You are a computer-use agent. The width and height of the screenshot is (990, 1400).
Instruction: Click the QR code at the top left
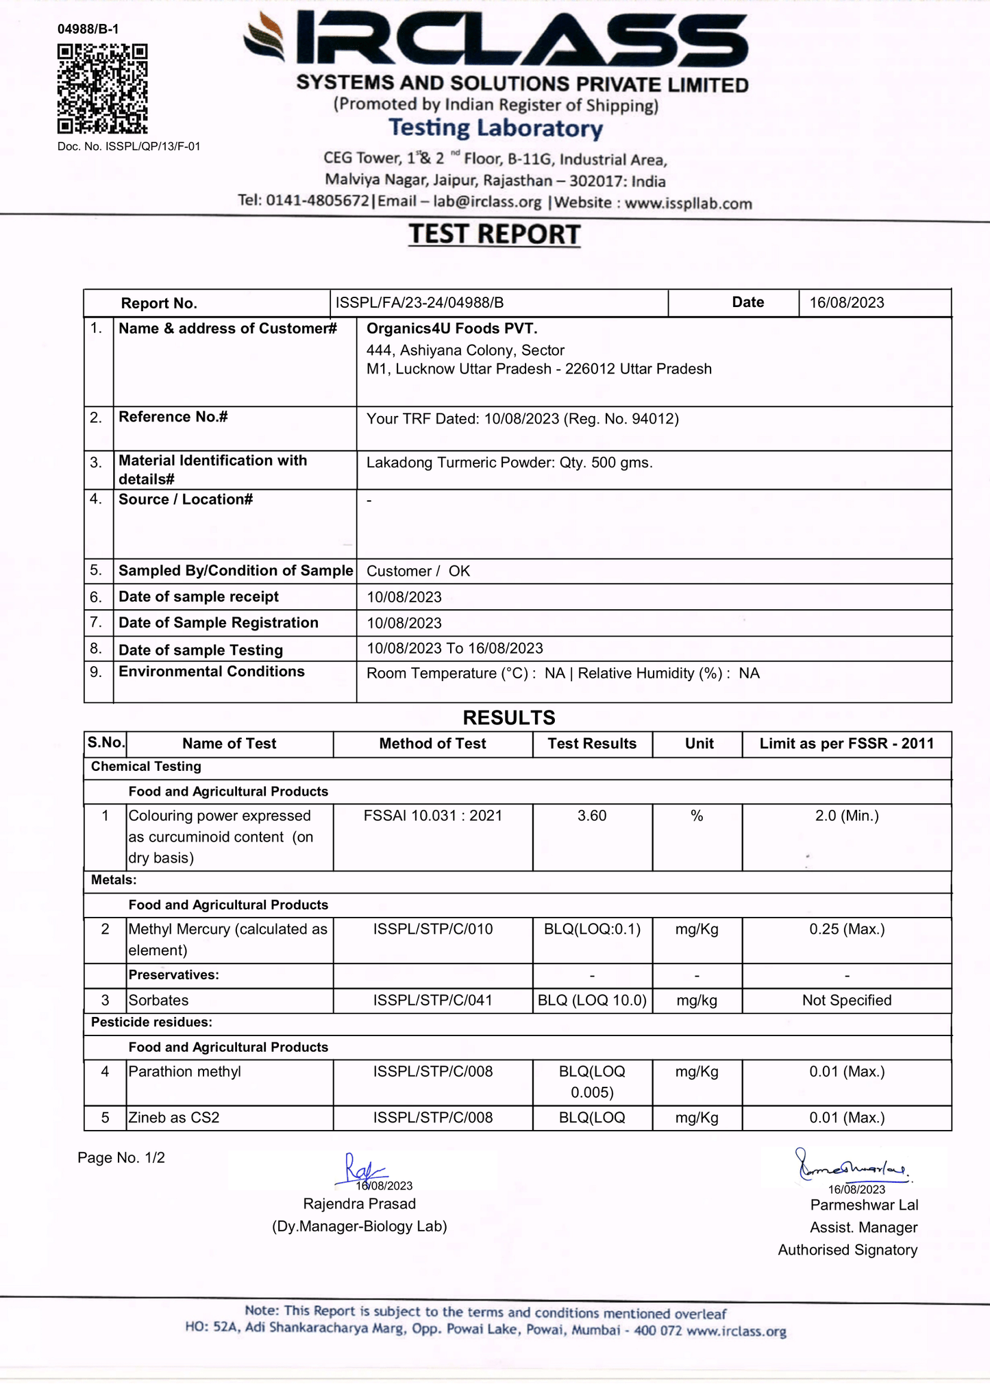click(x=102, y=89)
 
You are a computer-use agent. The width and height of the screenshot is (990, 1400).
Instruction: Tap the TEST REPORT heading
click(x=495, y=234)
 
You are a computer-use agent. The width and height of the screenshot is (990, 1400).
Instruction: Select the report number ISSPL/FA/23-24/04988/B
click(x=419, y=303)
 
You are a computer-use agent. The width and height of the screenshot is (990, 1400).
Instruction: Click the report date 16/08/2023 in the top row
click(x=846, y=303)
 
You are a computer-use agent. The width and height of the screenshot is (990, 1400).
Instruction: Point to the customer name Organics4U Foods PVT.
click(x=451, y=329)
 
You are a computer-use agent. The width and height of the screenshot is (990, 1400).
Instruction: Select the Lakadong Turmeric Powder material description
click(x=509, y=463)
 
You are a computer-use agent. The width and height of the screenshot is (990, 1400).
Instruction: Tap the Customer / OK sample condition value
click(x=418, y=572)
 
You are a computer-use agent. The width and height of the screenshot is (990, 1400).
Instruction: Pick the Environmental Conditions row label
click(x=211, y=672)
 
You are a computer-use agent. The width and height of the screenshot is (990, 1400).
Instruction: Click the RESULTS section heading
click(x=508, y=717)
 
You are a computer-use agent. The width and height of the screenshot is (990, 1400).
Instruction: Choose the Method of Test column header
click(x=432, y=744)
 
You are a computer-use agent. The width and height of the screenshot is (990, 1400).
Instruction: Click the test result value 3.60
click(x=592, y=816)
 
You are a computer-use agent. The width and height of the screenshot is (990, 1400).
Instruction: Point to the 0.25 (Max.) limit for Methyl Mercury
click(x=847, y=930)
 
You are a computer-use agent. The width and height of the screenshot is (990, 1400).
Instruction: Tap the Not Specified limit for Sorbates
click(x=847, y=1000)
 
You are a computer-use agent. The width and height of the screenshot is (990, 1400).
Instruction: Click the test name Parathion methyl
click(x=184, y=1072)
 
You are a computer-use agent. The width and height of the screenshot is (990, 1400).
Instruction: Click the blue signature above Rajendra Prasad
click(x=361, y=1170)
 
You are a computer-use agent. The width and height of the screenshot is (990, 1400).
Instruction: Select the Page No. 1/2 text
click(x=121, y=1158)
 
